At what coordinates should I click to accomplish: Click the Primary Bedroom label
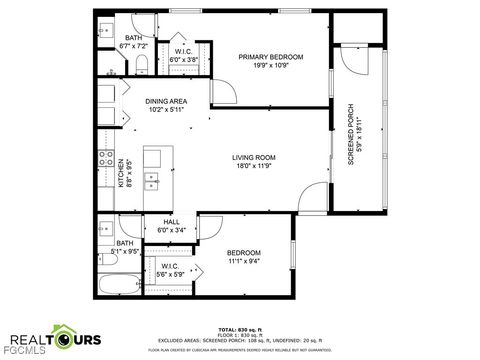tap(270, 57)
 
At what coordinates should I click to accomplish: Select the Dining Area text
tap(166, 100)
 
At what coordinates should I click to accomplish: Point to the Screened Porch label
tap(351, 134)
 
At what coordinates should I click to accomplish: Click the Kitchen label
tap(122, 171)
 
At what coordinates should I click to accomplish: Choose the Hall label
tap(171, 222)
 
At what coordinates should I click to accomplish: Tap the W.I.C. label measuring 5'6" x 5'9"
tap(171, 265)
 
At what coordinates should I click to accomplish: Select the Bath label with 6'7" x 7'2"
tap(133, 38)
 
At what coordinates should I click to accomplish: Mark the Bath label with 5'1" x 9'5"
tap(125, 242)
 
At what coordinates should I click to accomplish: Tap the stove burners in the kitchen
tap(103, 157)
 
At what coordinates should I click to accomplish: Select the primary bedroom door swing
tap(222, 92)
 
